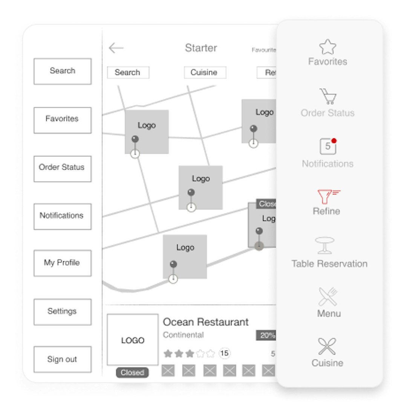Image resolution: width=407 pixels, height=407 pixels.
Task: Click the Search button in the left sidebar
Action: pos(63,71)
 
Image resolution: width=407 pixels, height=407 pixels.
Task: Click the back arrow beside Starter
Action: pos(116,48)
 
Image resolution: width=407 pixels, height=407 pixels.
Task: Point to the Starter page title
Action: pos(201,48)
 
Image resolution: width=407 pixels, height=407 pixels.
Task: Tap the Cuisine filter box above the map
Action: pos(205,72)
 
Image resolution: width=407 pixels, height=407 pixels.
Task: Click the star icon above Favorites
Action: pos(327,47)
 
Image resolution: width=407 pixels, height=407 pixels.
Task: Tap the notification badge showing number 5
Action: pos(327,146)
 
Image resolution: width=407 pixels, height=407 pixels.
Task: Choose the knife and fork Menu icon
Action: pos(328,297)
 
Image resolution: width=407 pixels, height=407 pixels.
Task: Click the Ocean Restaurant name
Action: pos(206,322)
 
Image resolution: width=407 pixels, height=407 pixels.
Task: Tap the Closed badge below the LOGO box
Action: pos(132,373)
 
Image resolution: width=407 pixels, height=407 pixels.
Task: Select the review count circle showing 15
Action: pos(224,353)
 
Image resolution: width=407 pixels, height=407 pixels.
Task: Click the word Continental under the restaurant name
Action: pos(183,335)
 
